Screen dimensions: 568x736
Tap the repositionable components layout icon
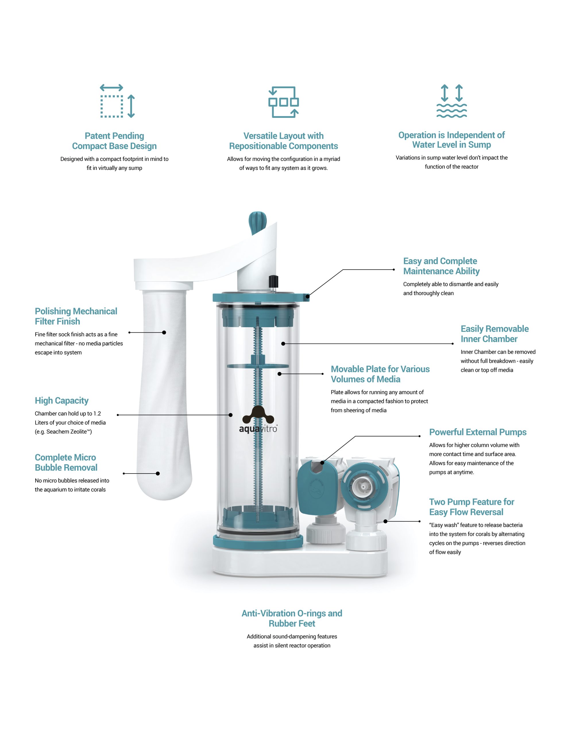(x=283, y=102)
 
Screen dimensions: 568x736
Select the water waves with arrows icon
(x=451, y=101)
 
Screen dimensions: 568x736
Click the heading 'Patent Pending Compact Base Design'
(x=115, y=141)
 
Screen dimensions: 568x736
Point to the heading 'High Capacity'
(x=62, y=400)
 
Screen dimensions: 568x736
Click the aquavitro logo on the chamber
(x=258, y=419)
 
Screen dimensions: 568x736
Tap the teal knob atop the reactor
(x=257, y=223)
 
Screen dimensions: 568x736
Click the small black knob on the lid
(x=273, y=281)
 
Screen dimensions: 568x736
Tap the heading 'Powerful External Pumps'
(x=478, y=432)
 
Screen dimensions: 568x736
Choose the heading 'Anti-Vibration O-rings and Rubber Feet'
(x=292, y=618)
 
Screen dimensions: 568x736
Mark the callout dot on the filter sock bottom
(x=158, y=474)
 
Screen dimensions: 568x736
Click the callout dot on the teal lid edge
(x=307, y=297)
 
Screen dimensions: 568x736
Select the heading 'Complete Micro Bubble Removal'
(x=66, y=462)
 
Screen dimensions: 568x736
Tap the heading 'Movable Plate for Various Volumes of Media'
(x=380, y=374)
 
